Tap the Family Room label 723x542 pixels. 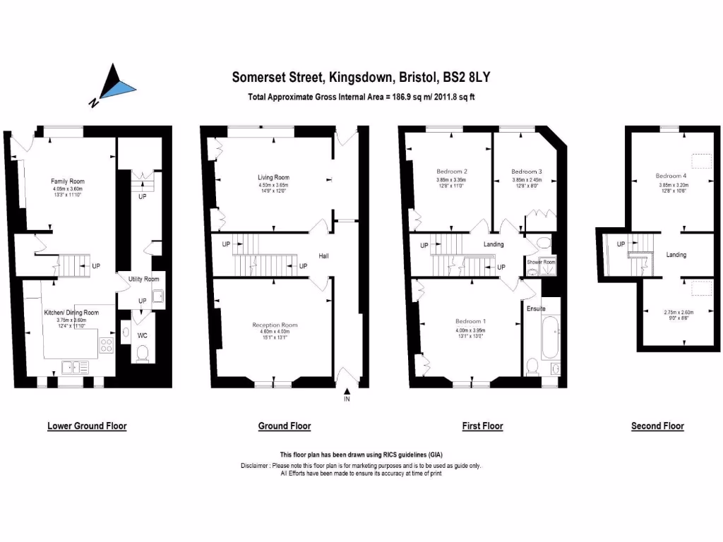pos(67,181)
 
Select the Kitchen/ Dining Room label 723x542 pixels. pos(71,312)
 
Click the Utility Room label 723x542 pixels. pos(143,279)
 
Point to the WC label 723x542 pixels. pos(143,335)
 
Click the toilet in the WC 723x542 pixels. pos(143,353)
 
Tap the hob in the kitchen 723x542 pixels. pos(107,345)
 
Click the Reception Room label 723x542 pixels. pos(275,325)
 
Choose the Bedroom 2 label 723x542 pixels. pos(453,171)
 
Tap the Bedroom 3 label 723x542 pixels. pos(526,171)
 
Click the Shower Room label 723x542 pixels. pos(542,262)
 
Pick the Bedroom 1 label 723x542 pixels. pos(470,321)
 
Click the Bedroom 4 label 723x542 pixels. pos(670,176)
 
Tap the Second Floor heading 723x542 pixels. pos(657,426)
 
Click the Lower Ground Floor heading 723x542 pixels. pos(87,426)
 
